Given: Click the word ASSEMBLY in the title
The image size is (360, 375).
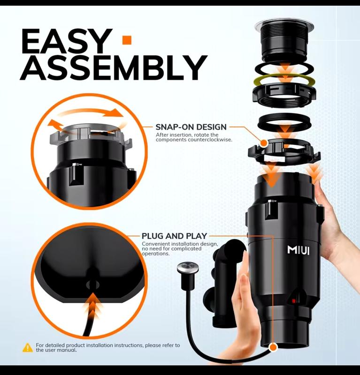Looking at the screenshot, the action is pyautogui.click(x=114, y=67).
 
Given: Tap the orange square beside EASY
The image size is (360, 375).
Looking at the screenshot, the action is pyautogui.click(x=127, y=40).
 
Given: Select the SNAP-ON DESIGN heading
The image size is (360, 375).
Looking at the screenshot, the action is pyautogui.click(x=191, y=127).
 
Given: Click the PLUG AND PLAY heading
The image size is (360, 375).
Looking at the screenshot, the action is pyautogui.click(x=175, y=236).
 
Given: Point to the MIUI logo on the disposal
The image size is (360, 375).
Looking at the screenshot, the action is pyautogui.click(x=298, y=250).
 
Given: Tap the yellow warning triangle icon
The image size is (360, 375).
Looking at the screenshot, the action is pyautogui.click(x=28, y=347).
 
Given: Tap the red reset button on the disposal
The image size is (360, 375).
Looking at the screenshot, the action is pyautogui.click(x=294, y=301).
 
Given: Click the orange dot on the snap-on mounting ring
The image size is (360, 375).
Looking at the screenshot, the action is pyautogui.click(x=264, y=143).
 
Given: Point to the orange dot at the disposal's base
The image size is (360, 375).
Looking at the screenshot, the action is pyautogui.click(x=273, y=347).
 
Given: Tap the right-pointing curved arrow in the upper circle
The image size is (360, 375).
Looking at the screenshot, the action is pyautogui.click(x=91, y=112).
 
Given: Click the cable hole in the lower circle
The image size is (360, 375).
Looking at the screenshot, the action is pyautogui.click(x=92, y=285).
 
